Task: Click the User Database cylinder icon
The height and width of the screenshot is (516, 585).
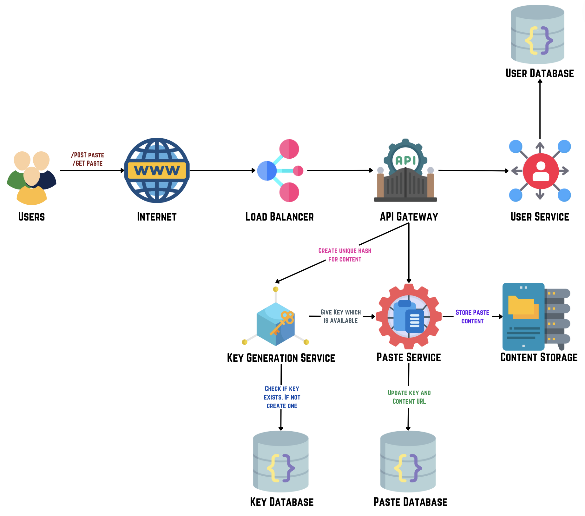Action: [x=537, y=34]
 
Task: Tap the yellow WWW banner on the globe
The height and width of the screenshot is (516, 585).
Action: [x=157, y=171]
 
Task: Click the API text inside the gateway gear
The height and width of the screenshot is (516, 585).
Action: [x=405, y=160]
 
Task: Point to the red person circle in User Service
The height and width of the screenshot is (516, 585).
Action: [x=541, y=171]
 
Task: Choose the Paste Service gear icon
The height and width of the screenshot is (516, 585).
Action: [x=409, y=317]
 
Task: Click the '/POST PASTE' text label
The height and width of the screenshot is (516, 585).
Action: [x=88, y=155]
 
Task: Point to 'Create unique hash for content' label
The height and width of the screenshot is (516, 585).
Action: [x=345, y=255]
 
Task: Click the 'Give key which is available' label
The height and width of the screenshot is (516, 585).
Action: [x=341, y=316]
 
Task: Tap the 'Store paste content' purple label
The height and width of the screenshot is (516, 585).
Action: [x=472, y=317]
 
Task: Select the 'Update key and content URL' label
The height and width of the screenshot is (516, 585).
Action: [x=409, y=397]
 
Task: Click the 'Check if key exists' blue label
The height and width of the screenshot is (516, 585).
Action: [x=282, y=397]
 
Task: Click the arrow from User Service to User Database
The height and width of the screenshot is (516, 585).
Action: [x=540, y=109]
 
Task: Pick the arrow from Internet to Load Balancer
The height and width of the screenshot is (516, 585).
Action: [x=222, y=170]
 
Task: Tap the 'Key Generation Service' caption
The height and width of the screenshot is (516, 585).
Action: [x=281, y=358]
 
